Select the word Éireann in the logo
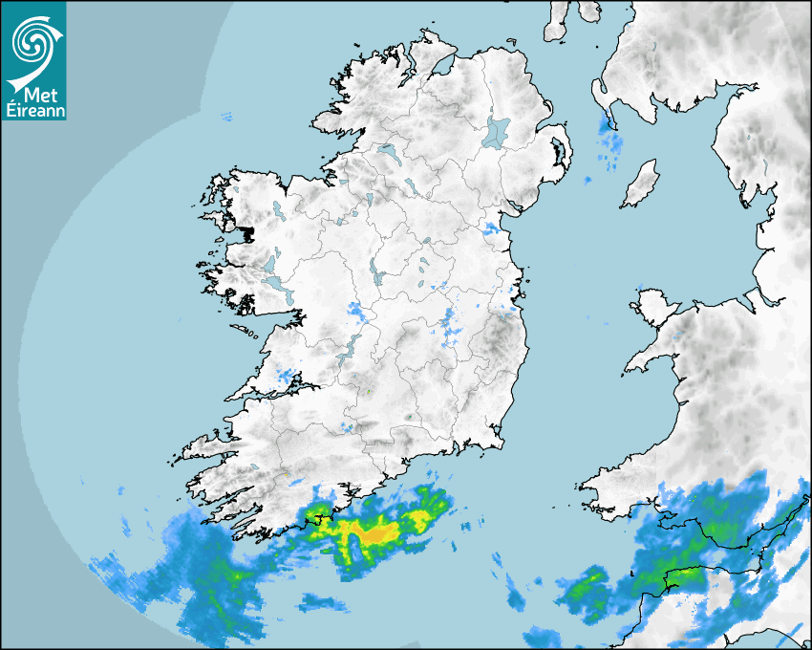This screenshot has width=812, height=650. coord(33,112)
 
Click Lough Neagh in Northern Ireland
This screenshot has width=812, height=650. coord(497,132)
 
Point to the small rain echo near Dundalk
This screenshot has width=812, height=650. coord(492,228)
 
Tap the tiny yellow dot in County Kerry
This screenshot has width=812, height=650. coord(285,474)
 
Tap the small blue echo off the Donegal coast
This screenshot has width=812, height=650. coord(227,118)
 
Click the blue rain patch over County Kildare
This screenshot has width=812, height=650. coord(451,325)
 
